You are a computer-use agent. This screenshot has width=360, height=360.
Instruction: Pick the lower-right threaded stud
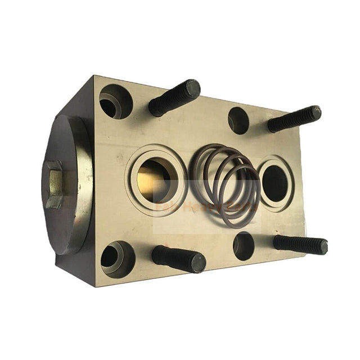point(299,244)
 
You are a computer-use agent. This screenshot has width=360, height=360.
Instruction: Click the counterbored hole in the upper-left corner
point(115,101)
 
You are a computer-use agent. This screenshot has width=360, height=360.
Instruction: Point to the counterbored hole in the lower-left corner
point(117,259)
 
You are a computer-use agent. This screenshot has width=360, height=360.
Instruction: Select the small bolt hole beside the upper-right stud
point(238,120)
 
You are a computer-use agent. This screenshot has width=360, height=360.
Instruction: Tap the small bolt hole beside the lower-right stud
point(244,246)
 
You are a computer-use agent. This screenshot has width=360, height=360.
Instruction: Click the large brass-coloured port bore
point(156,179)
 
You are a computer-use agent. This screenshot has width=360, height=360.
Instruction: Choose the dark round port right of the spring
point(275,183)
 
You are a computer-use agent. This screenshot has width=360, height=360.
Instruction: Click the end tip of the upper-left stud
point(193,88)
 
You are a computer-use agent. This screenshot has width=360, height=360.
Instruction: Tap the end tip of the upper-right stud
point(315,112)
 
